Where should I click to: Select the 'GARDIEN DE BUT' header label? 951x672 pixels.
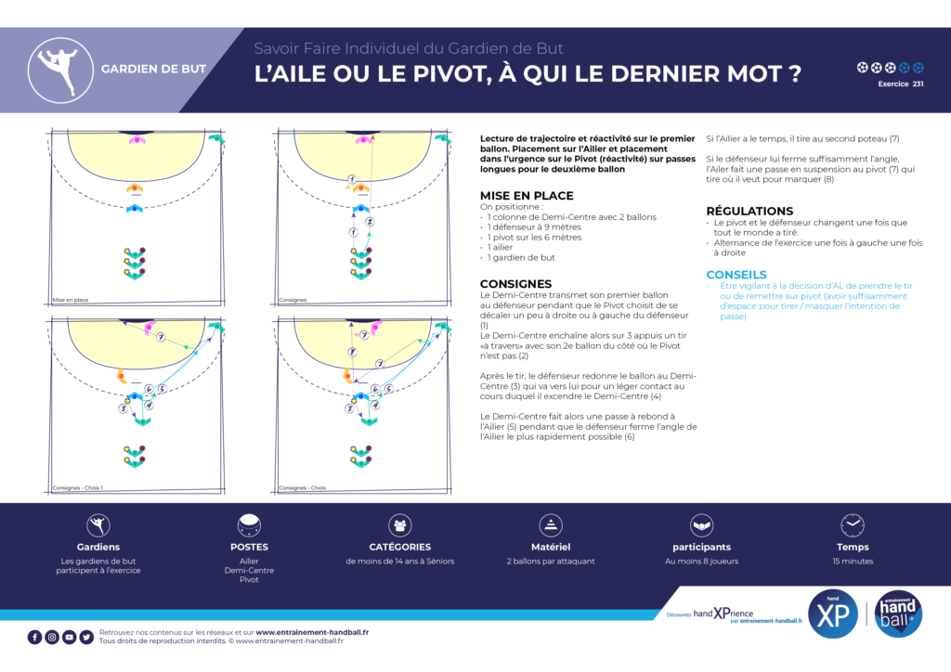point(153,70)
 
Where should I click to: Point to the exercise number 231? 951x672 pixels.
point(918,84)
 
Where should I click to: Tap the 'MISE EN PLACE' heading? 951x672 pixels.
point(526,196)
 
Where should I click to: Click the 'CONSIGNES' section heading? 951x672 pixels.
point(515,284)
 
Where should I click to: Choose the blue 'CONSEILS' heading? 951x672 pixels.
point(736,275)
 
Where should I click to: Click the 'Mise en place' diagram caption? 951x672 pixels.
point(70,300)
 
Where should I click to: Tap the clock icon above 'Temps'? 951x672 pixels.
point(852,525)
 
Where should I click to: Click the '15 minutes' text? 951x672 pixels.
point(852,562)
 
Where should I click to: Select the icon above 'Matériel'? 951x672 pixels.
point(552,525)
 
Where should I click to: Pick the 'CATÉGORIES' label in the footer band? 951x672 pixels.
point(400,547)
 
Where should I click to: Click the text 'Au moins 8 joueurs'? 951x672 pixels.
point(701,562)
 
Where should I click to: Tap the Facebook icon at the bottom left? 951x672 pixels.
point(34,637)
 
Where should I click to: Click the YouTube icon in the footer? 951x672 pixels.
point(69,637)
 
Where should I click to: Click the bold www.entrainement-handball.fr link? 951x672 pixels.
point(312,632)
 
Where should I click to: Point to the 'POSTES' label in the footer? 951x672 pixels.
point(249,547)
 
